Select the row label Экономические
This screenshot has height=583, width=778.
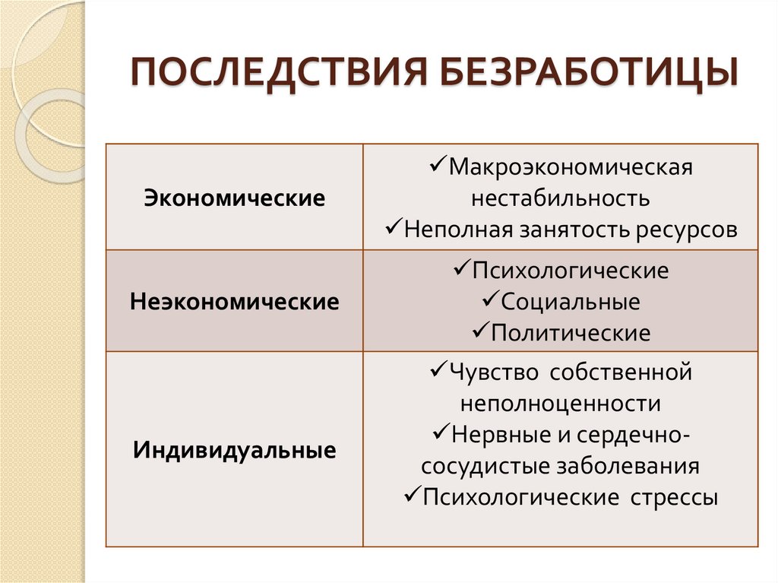[x=234, y=199]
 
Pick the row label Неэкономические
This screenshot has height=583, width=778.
[x=234, y=302]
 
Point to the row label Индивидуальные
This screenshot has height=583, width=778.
[x=234, y=449]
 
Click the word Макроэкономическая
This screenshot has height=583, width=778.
[x=570, y=166]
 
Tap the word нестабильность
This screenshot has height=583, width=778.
[x=560, y=198]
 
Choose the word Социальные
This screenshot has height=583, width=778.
[x=571, y=302]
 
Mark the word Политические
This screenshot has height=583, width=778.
[x=571, y=333]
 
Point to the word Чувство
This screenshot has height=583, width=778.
[x=493, y=372]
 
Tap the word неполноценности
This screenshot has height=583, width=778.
[x=560, y=403]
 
